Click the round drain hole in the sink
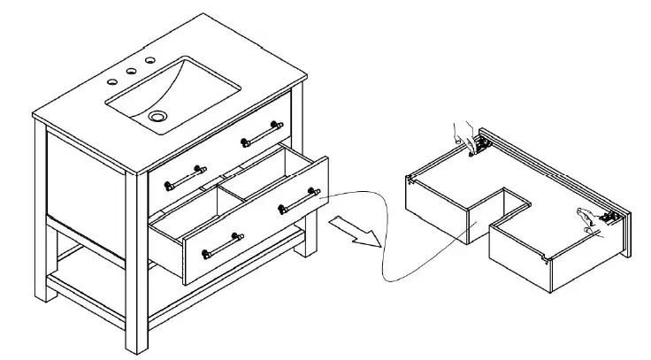(x=158, y=116)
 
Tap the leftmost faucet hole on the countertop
(x=112, y=82)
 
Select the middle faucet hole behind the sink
(x=130, y=71)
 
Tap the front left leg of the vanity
(x=40, y=221)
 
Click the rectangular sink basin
(x=177, y=93)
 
